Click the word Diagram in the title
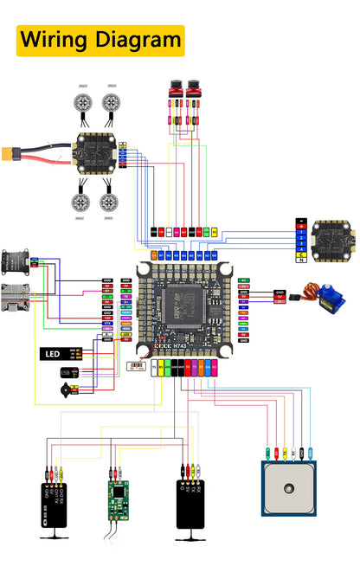tap(135, 40)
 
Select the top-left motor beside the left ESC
tap(84, 103)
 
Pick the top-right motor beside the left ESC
tap(111, 103)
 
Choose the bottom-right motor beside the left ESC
tap(110, 203)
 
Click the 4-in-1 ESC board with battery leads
tap(96, 153)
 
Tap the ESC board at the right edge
tap(332, 237)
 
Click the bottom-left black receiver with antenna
tap(53, 504)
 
